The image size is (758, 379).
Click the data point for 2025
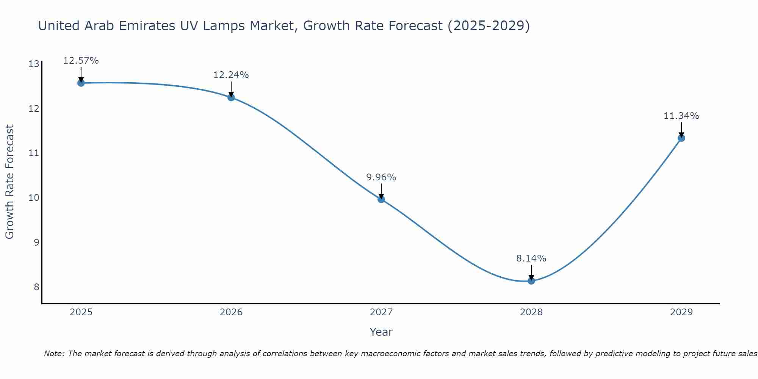click(x=81, y=83)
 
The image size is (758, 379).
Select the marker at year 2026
click(x=231, y=97)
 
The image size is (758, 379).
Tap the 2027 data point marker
click(x=381, y=199)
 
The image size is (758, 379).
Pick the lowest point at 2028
click(x=531, y=281)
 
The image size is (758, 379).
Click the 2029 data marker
click(x=681, y=138)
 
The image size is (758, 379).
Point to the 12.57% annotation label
click(x=81, y=61)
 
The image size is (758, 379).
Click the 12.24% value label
click(x=231, y=75)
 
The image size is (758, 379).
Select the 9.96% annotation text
click(x=381, y=177)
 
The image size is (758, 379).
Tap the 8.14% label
click(x=531, y=258)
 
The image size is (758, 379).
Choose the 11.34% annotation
click(x=681, y=116)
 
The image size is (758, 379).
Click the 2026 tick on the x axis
click(x=231, y=312)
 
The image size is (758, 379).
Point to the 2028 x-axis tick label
click(x=531, y=312)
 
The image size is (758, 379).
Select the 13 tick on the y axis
click(x=34, y=64)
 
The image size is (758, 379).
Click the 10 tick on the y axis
click(x=34, y=198)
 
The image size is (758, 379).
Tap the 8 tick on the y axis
click(x=36, y=287)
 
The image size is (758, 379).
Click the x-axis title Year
click(x=381, y=332)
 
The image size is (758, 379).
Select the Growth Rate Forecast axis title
click(x=10, y=182)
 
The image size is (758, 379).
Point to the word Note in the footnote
click(x=55, y=354)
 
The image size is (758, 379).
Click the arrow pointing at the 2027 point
click(x=381, y=191)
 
